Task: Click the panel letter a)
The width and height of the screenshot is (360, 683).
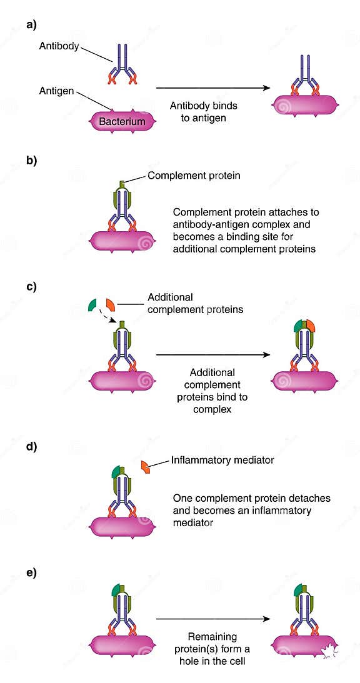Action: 31,25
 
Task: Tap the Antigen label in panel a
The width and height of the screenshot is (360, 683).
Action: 57,92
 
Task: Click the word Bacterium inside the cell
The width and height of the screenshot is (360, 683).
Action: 122,122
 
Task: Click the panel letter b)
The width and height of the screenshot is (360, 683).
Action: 31,161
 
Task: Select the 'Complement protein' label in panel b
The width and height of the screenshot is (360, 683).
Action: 194,176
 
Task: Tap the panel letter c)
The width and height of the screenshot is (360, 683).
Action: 31,287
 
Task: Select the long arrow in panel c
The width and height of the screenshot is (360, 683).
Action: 212,355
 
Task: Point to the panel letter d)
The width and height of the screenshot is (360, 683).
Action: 31,447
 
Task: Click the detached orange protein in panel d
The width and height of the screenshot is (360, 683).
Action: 145,467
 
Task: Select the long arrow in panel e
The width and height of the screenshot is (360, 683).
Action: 212,619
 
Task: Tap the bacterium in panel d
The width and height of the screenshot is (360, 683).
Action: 122,526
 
